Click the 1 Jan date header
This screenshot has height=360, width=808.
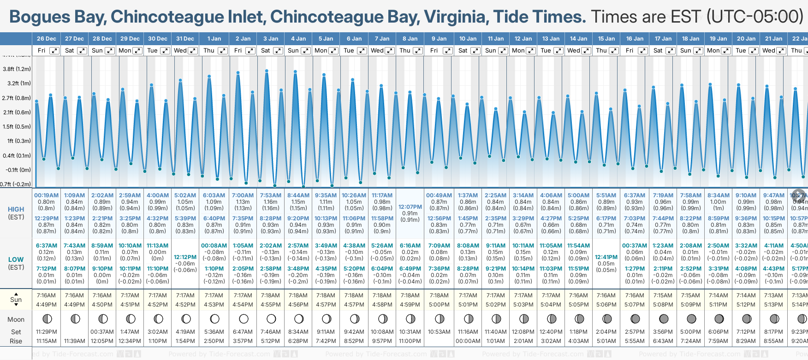[x=214, y=39]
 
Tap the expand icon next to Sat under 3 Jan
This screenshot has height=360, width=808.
[x=278, y=51]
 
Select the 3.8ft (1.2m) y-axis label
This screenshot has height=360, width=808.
[x=17, y=69]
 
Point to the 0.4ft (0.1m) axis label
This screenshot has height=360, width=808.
[x=17, y=156]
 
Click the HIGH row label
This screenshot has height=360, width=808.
[x=16, y=209]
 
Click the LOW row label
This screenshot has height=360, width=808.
[x=16, y=260]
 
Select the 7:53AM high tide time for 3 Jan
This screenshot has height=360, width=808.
[x=270, y=195]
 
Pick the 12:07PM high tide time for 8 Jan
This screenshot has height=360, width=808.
[x=410, y=207]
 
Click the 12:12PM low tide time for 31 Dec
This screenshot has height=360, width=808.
[x=185, y=257]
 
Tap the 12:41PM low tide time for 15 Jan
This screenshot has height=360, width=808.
[x=606, y=257]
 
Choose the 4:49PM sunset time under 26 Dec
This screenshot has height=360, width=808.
[x=46, y=305]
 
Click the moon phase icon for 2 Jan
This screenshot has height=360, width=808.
[x=244, y=319]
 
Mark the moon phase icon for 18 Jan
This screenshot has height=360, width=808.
[x=691, y=319]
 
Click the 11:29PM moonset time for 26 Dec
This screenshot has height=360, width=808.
[x=46, y=332]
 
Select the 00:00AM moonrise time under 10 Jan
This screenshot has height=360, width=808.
[x=468, y=341]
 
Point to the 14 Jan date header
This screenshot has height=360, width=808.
[x=578, y=39]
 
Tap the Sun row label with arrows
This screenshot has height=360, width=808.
[x=16, y=300]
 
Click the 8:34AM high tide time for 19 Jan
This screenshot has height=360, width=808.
[x=718, y=195]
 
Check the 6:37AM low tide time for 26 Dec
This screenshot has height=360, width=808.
[x=46, y=246]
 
